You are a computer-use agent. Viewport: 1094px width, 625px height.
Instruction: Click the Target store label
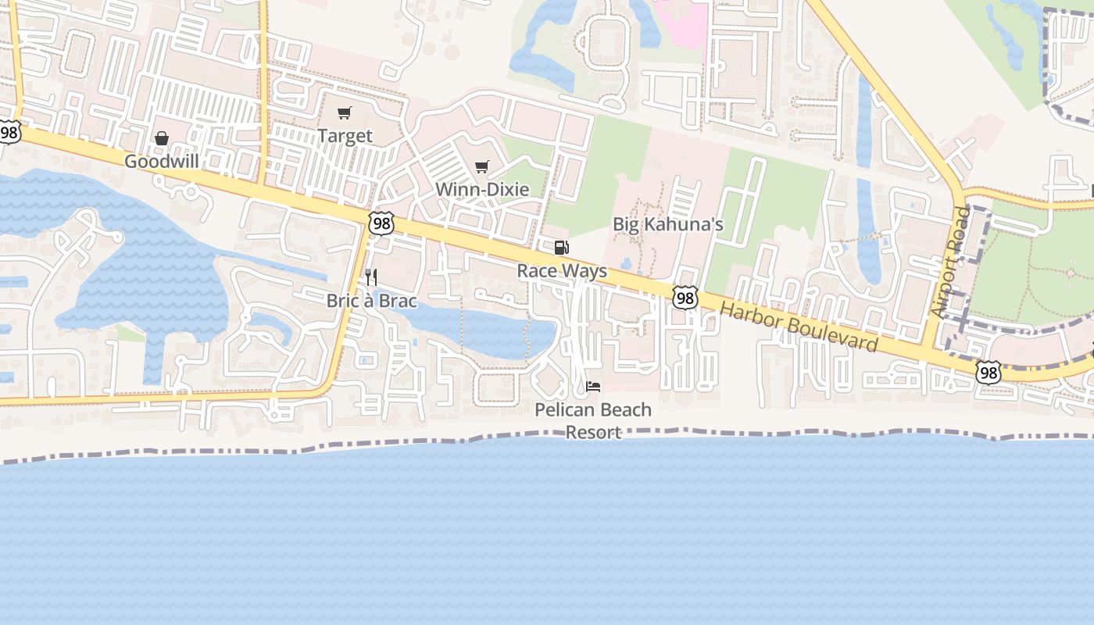[x=345, y=136]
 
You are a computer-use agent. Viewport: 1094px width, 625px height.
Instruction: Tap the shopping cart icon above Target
[x=345, y=113]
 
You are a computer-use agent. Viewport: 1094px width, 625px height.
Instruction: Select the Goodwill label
[x=162, y=161]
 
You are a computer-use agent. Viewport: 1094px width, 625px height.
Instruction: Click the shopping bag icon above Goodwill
[x=162, y=139]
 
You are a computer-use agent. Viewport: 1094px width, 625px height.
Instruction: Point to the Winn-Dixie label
[x=481, y=189]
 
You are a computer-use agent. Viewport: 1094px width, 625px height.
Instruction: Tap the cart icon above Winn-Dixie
[x=482, y=166]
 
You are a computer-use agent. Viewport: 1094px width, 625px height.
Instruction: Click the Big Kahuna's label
[x=667, y=225]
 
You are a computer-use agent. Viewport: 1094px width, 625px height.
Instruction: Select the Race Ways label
[x=562, y=271]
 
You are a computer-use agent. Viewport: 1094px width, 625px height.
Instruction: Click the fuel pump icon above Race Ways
[x=561, y=248]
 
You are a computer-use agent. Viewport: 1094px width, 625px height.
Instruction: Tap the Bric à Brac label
[x=371, y=301]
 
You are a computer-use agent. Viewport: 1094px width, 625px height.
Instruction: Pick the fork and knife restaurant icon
[x=371, y=277]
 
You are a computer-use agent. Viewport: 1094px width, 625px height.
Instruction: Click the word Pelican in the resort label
[x=563, y=410]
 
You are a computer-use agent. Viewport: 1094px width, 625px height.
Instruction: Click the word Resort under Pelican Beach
[x=593, y=432]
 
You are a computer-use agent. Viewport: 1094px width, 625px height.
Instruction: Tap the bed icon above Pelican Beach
[x=593, y=387]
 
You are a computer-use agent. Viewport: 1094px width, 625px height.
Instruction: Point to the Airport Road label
[x=949, y=262]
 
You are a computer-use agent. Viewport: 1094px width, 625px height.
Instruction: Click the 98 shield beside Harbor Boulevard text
[x=685, y=298]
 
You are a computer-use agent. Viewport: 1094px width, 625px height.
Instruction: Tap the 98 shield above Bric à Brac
[x=381, y=224]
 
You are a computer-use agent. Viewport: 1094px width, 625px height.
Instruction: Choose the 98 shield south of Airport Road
[x=989, y=373]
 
